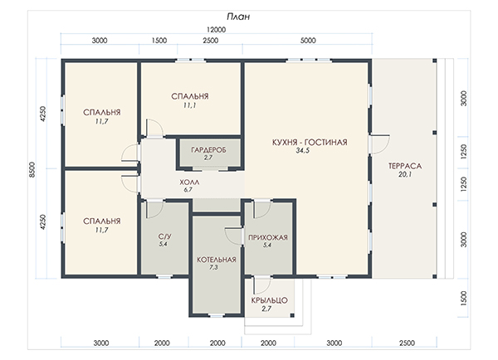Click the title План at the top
pyautogui.click(x=238, y=17)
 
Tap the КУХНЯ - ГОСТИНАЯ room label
pyautogui.click(x=310, y=142)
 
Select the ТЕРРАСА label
pyautogui.click(x=405, y=166)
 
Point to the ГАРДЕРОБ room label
pyautogui.click(x=208, y=150)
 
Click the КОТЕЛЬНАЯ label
pyautogui.click(x=217, y=260)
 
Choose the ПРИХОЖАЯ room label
pyautogui.click(x=268, y=237)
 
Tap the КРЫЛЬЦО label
pyautogui.click(x=269, y=300)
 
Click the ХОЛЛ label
pyautogui.click(x=189, y=182)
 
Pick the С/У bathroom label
pyautogui.click(x=165, y=236)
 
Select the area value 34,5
pyautogui.click(x=303, y=151)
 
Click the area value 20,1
pyautogui.click(x=405, y=174)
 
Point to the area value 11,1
pyautogui.click(x=189, y=105)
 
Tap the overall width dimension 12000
pyautogui.click(x=217, y=30)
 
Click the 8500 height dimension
pyautogui.click(x=32, y=169)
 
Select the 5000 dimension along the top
pyautogui.click(x=308, y=41)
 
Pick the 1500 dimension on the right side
pyautogui.click(x=464, y=299)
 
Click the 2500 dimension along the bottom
pyautogui.click(x=407, y=343)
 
